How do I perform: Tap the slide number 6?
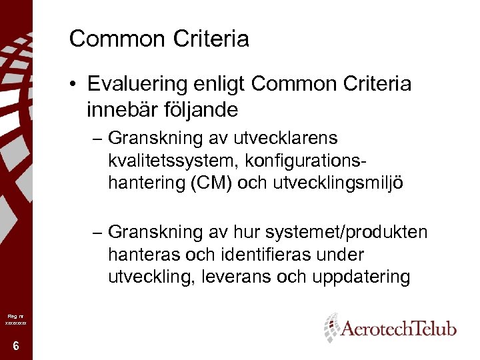pos(15,345)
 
